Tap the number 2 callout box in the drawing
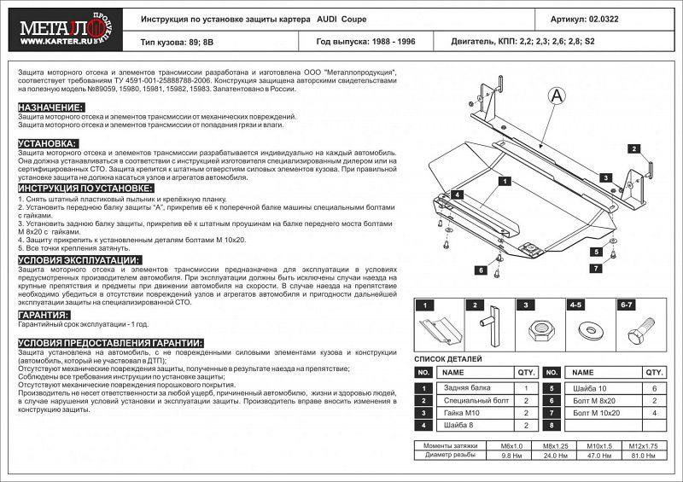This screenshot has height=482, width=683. coord(634,149)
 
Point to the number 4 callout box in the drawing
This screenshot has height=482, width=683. coord(458,195)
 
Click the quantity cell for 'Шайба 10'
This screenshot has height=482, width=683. coord(653,388)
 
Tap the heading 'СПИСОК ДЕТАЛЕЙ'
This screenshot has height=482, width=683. coord(448,359)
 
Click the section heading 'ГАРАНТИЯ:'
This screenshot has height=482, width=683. coord(44,315)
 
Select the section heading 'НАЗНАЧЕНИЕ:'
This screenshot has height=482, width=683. coord(50,107)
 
